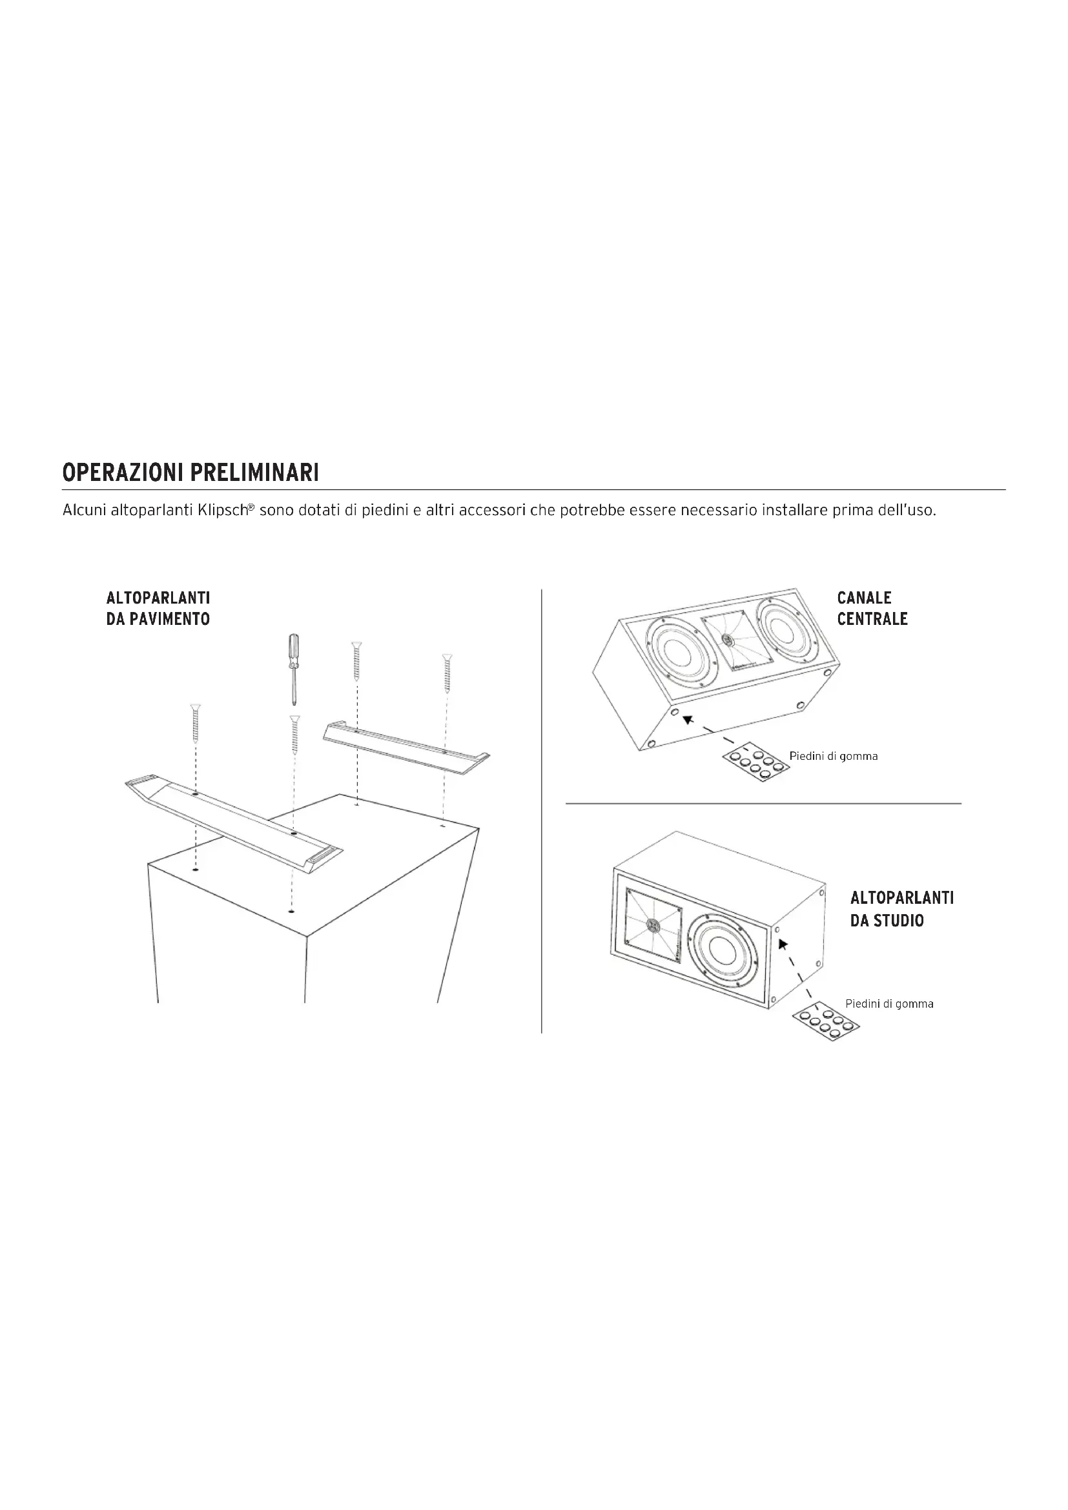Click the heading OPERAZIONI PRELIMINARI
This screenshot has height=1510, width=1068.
point(190,472)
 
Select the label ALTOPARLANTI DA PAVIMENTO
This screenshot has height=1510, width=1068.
point(158,608)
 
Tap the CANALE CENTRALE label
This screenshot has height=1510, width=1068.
point(872,608)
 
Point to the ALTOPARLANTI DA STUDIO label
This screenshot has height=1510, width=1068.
point(901,909)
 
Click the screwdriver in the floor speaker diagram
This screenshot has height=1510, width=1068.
point(293,668)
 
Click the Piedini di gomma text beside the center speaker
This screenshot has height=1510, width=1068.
point(833,757)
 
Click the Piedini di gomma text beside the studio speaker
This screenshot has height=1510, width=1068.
point(889,1004)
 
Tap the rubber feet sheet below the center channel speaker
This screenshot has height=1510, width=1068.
point(755,764)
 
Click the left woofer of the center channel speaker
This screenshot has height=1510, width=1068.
point(679,652)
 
